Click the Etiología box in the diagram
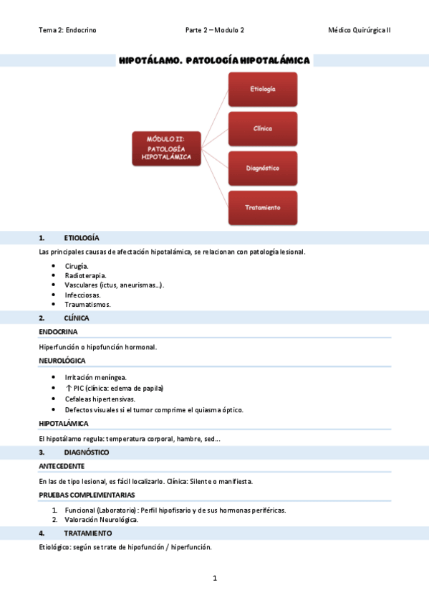(262, 89)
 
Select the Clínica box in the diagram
(262, 128)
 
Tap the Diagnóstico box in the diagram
(262, 168)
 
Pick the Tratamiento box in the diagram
(262, 207)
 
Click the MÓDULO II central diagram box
(166, 148)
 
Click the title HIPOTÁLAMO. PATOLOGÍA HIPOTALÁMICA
(214, 61)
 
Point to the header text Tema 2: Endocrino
(68, 30)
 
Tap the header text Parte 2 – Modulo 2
(214, 30)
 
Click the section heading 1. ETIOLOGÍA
(81, 237)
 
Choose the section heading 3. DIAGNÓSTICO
(86, 452)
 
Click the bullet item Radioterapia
(85, 275)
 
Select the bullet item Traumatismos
(87, 304)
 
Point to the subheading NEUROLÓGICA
(62, 361)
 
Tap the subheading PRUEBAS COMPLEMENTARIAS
(87, 495)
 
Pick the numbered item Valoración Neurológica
(101, 520)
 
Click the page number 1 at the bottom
(214, 578)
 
